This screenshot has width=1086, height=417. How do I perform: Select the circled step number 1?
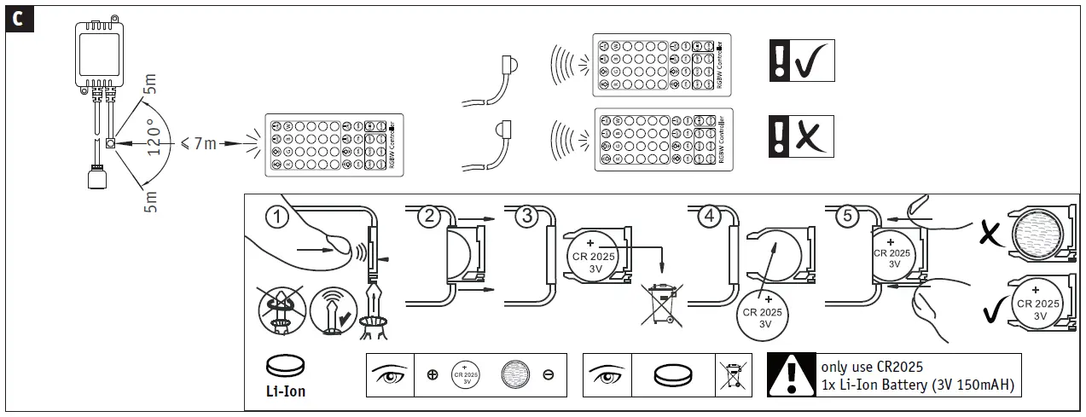275,216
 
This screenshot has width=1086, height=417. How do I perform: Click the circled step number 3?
526,217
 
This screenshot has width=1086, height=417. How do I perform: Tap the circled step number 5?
846,217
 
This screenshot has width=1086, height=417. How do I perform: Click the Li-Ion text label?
286,392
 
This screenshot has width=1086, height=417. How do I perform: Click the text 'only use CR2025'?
872,367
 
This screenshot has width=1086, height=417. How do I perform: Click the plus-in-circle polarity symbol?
433,375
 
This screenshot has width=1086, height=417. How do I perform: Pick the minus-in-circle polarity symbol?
548,375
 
